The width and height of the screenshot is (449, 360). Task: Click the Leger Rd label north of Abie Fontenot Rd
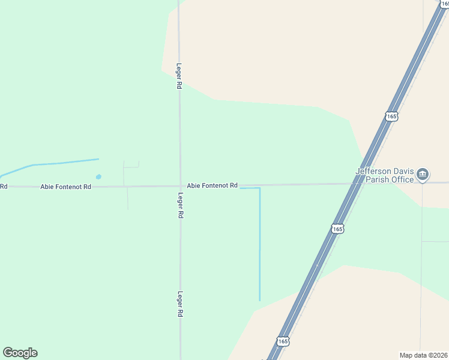pyautogui.click(x=179, y=77)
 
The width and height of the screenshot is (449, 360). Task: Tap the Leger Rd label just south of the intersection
pyautogui.click(x=181, y=205)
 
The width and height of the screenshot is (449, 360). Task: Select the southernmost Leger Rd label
pyautogui.click(x=180, y=304)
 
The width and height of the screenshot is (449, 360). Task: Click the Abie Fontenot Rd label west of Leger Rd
pyautogui.click(x=66, y=187)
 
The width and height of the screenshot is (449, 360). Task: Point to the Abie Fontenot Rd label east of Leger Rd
pyautogui.click(x=212, y=185)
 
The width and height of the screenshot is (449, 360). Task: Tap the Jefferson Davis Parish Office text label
pyautogui.click(x=385, y=175)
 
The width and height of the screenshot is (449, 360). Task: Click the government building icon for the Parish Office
pyautogui.click(x=423, y=175)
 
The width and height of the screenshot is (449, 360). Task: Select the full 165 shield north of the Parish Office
pyautogui.click(x=391, y=116)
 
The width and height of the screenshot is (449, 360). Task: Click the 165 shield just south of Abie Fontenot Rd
pyautogui.click(x=337, y=229)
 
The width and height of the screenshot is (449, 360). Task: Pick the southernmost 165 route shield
pyautogui.click(x=283, y=341)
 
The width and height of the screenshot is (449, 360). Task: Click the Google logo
pyautogui.click(x=20, y=353)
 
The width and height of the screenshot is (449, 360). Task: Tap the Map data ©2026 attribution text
pyautogui.click(x=423, y=355)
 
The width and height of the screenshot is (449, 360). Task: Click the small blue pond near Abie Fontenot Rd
pyautogui.click(x=98, y=176)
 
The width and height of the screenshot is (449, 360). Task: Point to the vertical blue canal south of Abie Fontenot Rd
pyautogui.click(x=260, y=246)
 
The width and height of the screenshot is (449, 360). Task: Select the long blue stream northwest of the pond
pyautogui.click(x=54, y=163)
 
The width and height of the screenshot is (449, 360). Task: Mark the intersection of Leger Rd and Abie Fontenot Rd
pyautogui.click(x=180, y=186)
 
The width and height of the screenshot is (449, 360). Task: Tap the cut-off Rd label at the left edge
pyautogui.click(x=3, y=187)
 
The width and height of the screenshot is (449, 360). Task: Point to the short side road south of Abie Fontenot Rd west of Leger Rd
pyautogui.click(x=128, y=198)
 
